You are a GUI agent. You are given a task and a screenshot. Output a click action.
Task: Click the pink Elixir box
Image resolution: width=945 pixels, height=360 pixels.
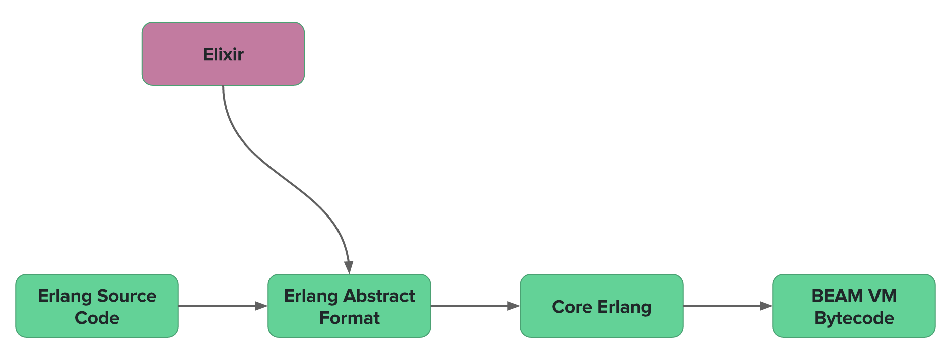point(223,53)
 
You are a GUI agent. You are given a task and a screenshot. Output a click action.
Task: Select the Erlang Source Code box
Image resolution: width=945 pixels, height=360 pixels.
point(97,306)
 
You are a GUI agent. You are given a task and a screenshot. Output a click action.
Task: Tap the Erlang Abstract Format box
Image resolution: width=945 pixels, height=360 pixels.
point(349,306)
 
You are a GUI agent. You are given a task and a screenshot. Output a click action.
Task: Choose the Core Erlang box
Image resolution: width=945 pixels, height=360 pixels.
point(601,306)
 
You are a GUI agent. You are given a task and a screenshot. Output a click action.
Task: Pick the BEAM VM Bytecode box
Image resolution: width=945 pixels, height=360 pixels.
point(854,306)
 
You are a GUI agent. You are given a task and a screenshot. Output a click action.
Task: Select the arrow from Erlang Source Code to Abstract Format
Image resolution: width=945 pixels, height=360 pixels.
point(223,306)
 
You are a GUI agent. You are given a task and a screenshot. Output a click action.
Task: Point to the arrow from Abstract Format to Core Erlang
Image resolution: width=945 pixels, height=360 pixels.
point(476,306)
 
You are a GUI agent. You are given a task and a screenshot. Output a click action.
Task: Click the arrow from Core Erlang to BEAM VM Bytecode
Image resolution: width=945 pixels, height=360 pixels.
point(728,306)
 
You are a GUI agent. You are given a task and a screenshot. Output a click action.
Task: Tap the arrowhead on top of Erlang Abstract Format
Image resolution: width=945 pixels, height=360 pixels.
point(349,268)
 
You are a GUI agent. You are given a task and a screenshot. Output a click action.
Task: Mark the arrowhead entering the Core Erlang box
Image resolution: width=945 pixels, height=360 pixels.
point(514,306)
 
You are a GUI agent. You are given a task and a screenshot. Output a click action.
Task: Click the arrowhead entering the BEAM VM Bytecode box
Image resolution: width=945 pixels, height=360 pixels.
point(766,306)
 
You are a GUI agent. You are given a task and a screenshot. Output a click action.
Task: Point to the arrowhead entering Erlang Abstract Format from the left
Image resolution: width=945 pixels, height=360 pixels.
point(261,306)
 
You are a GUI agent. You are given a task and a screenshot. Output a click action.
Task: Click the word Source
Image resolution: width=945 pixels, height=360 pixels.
point(126,296)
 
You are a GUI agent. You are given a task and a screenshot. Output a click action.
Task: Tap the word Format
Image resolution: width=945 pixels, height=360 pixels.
point(349,318)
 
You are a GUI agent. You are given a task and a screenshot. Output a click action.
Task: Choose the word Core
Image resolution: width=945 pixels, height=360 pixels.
point(572,307)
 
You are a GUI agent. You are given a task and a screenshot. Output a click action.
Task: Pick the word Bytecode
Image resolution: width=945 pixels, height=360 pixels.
point(854,318)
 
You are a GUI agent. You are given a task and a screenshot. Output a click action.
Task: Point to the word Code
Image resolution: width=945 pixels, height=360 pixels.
point(97,318)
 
